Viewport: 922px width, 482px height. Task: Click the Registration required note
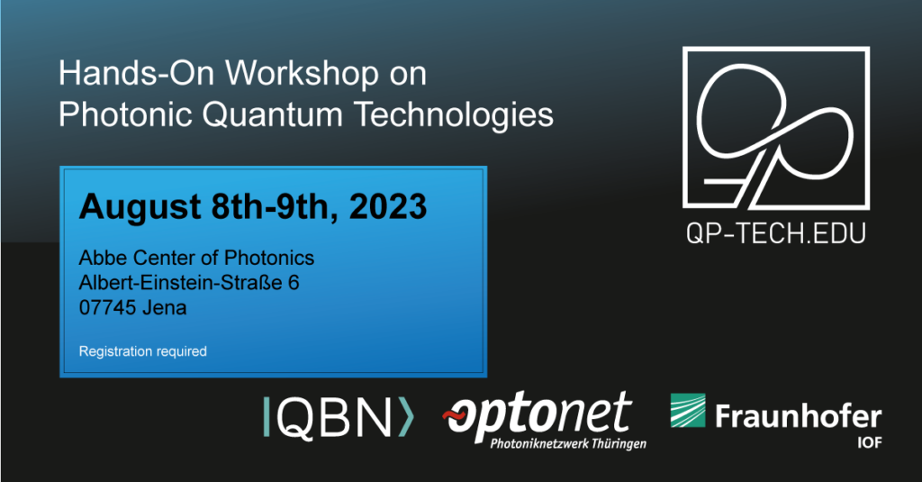143,351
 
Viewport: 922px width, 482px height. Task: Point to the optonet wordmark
538,413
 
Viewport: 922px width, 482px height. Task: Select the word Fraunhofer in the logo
798,416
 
